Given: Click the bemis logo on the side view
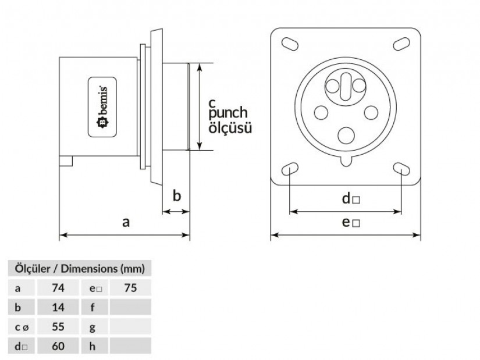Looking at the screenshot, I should tap(102, 107).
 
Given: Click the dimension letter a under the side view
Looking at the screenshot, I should tap(126, 222).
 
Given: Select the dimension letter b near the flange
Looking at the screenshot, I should tap(177, 195).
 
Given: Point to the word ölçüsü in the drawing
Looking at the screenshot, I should tap(230, 128).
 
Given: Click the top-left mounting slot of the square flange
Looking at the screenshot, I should tap(289, 45).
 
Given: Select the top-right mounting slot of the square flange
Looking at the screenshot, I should tap(401, 45).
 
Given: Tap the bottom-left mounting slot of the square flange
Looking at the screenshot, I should tap(289, 169).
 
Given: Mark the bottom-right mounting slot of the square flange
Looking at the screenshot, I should tap(401, 169).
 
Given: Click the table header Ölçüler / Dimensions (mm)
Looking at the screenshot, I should tap(79, 269).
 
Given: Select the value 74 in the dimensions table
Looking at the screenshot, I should tap(58, 288).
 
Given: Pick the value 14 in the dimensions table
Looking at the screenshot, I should tap(58, 307).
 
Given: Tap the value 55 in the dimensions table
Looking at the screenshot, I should tap(58, 327).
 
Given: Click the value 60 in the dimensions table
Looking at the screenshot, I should tap(58, 347).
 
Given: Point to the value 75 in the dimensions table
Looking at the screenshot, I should tap(130, 288).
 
